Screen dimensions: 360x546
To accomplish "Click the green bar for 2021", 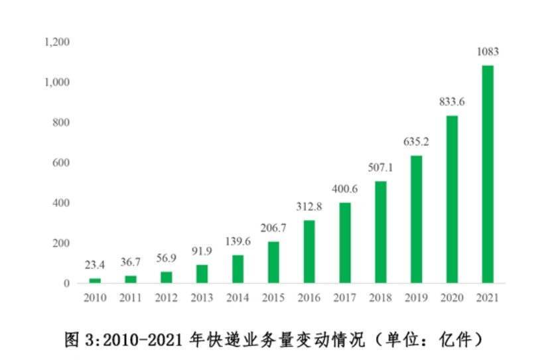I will coord(488,174).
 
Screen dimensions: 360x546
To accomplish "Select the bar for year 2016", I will coord(309,251).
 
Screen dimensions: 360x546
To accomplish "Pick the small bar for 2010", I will coord(95,280).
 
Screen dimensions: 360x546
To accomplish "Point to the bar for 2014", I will coord(238,269).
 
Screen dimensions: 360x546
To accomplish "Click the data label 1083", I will coord(488,52).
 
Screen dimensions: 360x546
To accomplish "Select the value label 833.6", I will coord(452,102).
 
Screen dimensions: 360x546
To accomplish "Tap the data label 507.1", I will coord(380,168).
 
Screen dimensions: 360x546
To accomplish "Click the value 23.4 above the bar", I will coord(95,265).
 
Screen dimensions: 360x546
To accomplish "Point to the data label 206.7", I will coord(273,228).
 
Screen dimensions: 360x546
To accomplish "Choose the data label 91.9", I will coord(202,251).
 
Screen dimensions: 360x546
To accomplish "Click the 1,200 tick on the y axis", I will coord(57,42).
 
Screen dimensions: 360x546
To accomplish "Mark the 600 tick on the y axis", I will coord(62,163).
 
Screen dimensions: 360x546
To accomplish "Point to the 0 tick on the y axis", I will coord(66,284).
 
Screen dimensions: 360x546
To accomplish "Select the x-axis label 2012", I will coord(166,298).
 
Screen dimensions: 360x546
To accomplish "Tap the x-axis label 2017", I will coord(344,298).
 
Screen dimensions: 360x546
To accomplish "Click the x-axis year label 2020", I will coord(452,298).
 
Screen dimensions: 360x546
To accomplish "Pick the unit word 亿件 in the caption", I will coord(456,340).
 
